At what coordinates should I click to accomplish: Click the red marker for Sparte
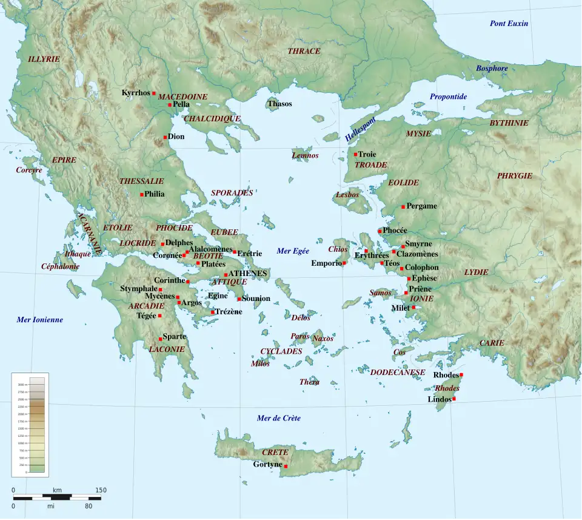[x=161, y=339]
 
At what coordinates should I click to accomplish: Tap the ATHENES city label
[x=248, y=274]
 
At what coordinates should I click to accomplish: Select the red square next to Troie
[x=356, y=154]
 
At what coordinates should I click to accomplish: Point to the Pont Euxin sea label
[x=509, y=23]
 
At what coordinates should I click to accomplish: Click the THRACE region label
[x=304, y=51]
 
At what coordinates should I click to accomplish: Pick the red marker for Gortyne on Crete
[x=286, y=466]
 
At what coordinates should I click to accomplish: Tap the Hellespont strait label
[x=360, y=129]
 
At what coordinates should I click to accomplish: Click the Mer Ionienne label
[x=39, y=320]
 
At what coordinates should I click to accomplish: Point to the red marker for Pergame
[x=403, y=207]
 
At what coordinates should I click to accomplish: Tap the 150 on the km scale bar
[x=101, y=490]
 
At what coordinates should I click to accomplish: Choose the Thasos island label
[x=279, y=104]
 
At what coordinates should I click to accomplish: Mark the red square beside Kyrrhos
[x=154, y=93]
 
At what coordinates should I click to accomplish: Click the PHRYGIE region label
[x=514, y=176]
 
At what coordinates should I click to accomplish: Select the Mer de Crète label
[x=278, y=418]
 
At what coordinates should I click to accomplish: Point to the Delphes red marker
[x=162, y=244]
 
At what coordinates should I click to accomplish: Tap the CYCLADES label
[x=281, y=351]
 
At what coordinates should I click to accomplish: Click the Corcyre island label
[x=29, y=170]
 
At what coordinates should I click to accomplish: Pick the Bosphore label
[x=492, y=69]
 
